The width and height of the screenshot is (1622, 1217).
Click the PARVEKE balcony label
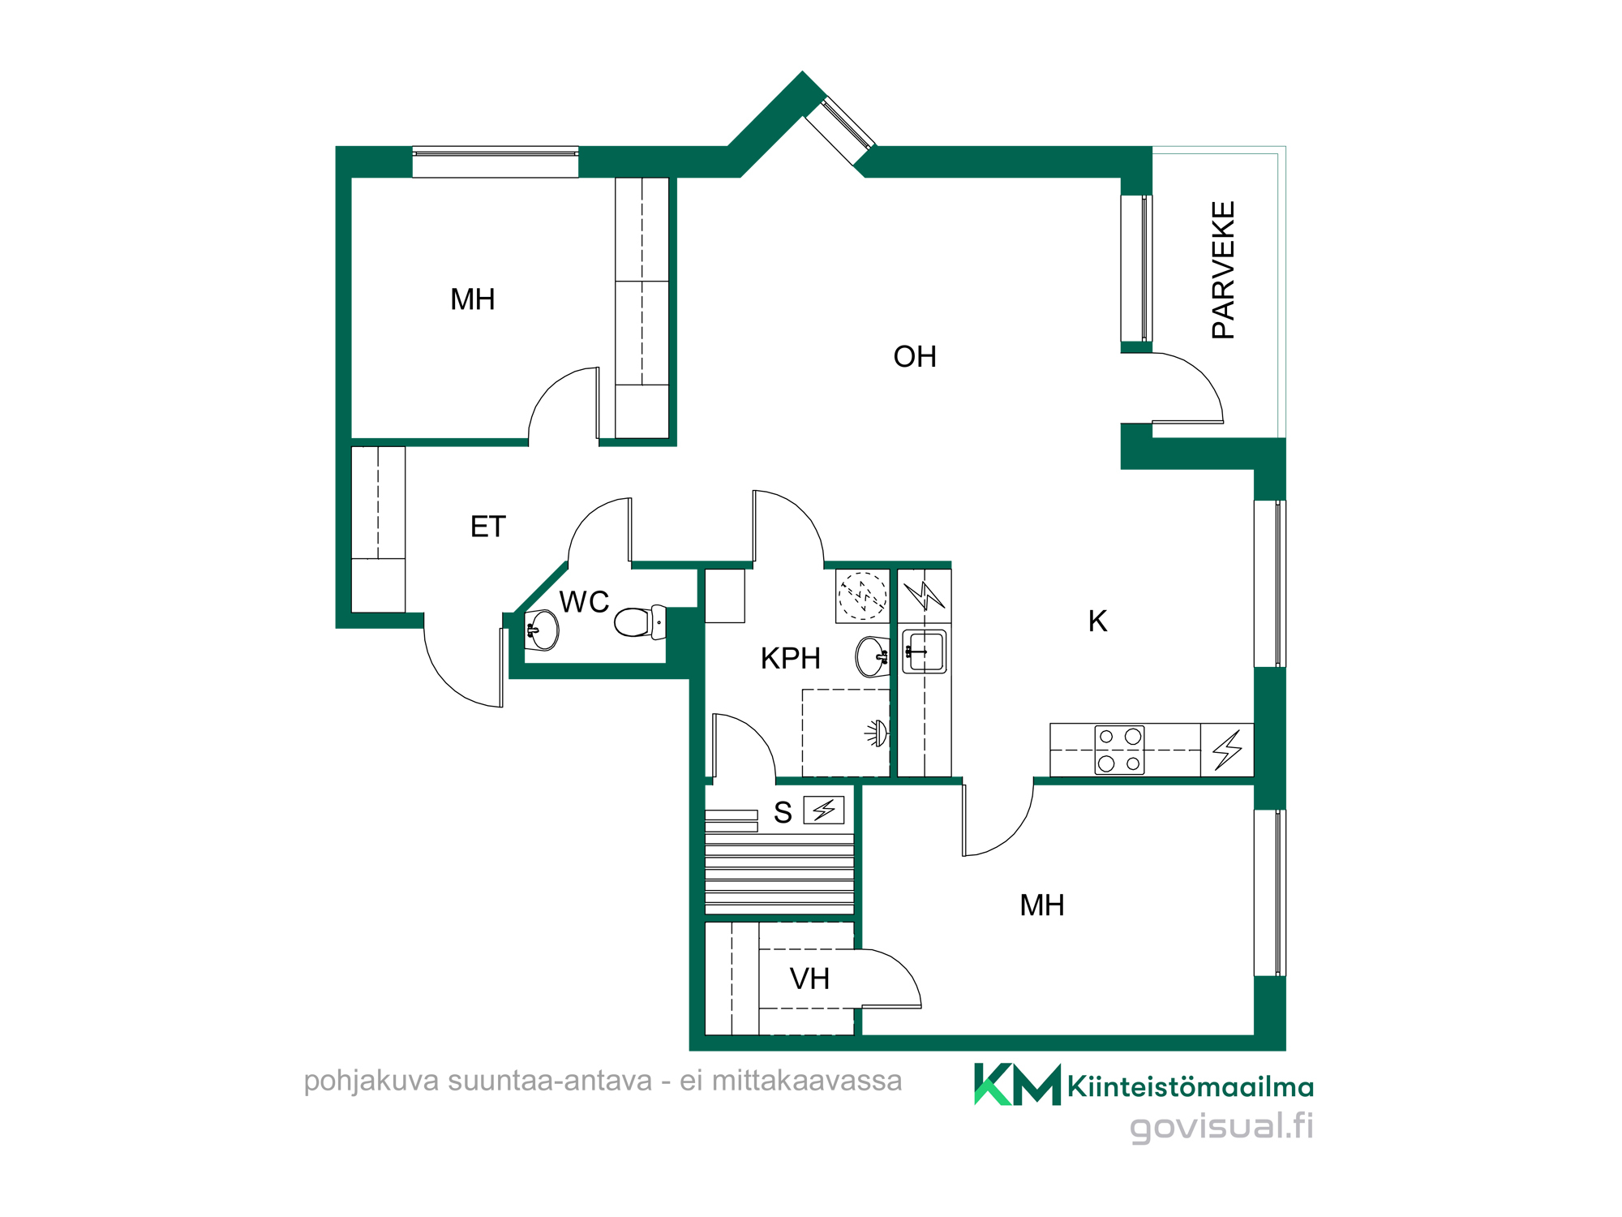click(1223, 270)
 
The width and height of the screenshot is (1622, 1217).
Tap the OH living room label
click(915, 357)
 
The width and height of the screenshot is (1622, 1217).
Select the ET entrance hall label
click(488, 527)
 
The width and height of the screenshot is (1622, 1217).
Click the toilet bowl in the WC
click(640, 622)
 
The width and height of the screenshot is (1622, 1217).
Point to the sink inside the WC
click(542, 630)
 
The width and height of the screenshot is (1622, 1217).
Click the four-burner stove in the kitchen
click(1119, 750)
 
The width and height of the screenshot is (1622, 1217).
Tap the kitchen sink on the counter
click(925, 652)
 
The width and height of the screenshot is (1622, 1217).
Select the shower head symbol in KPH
click(877, 733)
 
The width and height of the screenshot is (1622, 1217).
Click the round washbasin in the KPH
click(873, 656)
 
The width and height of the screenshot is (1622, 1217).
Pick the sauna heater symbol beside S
click(824, 810)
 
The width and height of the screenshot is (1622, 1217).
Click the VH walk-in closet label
click(809, 979)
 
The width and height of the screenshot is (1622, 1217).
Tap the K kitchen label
click(1097, 621)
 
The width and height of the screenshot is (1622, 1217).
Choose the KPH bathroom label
click(791, 659)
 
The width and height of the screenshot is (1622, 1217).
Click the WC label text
click(584, 602)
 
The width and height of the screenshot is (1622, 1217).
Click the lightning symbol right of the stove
click(1227, 750)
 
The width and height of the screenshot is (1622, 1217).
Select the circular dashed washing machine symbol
click(862, 596)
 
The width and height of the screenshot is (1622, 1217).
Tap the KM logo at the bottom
click(1017, 1085)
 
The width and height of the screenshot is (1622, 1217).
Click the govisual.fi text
click(1221, 1127)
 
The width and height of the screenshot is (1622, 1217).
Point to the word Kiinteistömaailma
click(1191, 1087)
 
